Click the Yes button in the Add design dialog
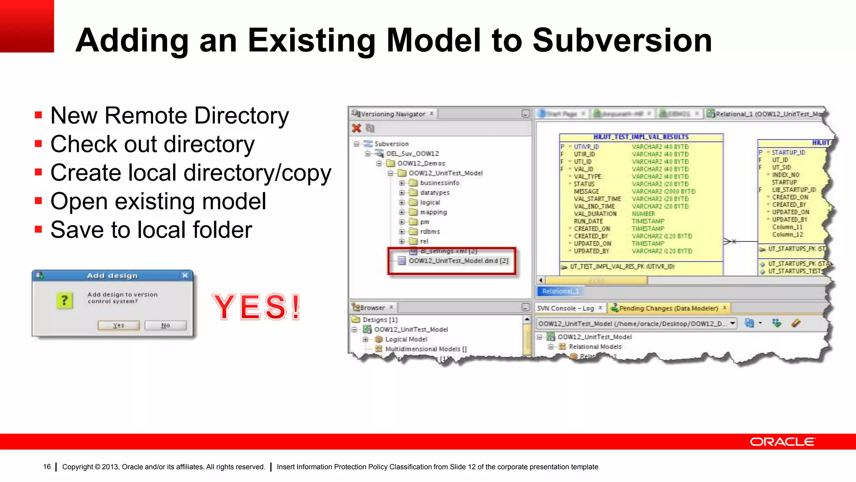click(119, 325)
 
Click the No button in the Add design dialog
click(166, 325)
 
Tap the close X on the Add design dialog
click(185, 275)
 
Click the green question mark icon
click(64, 300)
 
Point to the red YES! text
click(256, 307)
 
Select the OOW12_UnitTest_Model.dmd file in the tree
click(458, 261)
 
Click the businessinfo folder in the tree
click(439, 183)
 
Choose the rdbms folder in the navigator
click(430, 231)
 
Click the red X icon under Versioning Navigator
click(357, 128)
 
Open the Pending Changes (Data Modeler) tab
click(668, 308)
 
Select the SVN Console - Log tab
click(565, 308)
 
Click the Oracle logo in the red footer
click(782, 442)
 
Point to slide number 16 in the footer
click(47, 467)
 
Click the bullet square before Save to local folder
click(38, 229)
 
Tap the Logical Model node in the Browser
click(406, 339)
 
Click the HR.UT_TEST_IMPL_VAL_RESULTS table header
click(641, 137)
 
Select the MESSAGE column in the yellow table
click(586, 191)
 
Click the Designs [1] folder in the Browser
click(380, 320)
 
